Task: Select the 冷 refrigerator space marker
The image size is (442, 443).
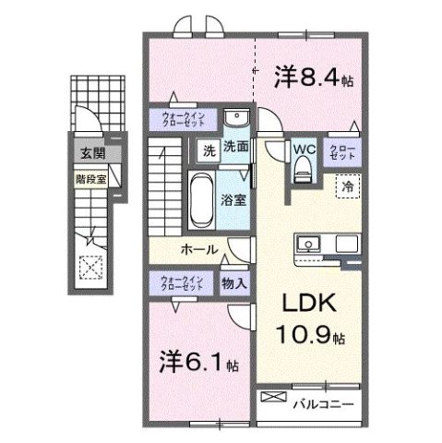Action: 348,186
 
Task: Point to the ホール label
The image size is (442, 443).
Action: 198,249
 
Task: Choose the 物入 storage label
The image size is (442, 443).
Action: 234,283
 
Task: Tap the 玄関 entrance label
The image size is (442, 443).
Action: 90,153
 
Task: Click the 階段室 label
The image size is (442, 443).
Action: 90,172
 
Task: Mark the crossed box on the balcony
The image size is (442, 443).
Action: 275,398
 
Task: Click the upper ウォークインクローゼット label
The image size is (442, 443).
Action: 185,118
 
